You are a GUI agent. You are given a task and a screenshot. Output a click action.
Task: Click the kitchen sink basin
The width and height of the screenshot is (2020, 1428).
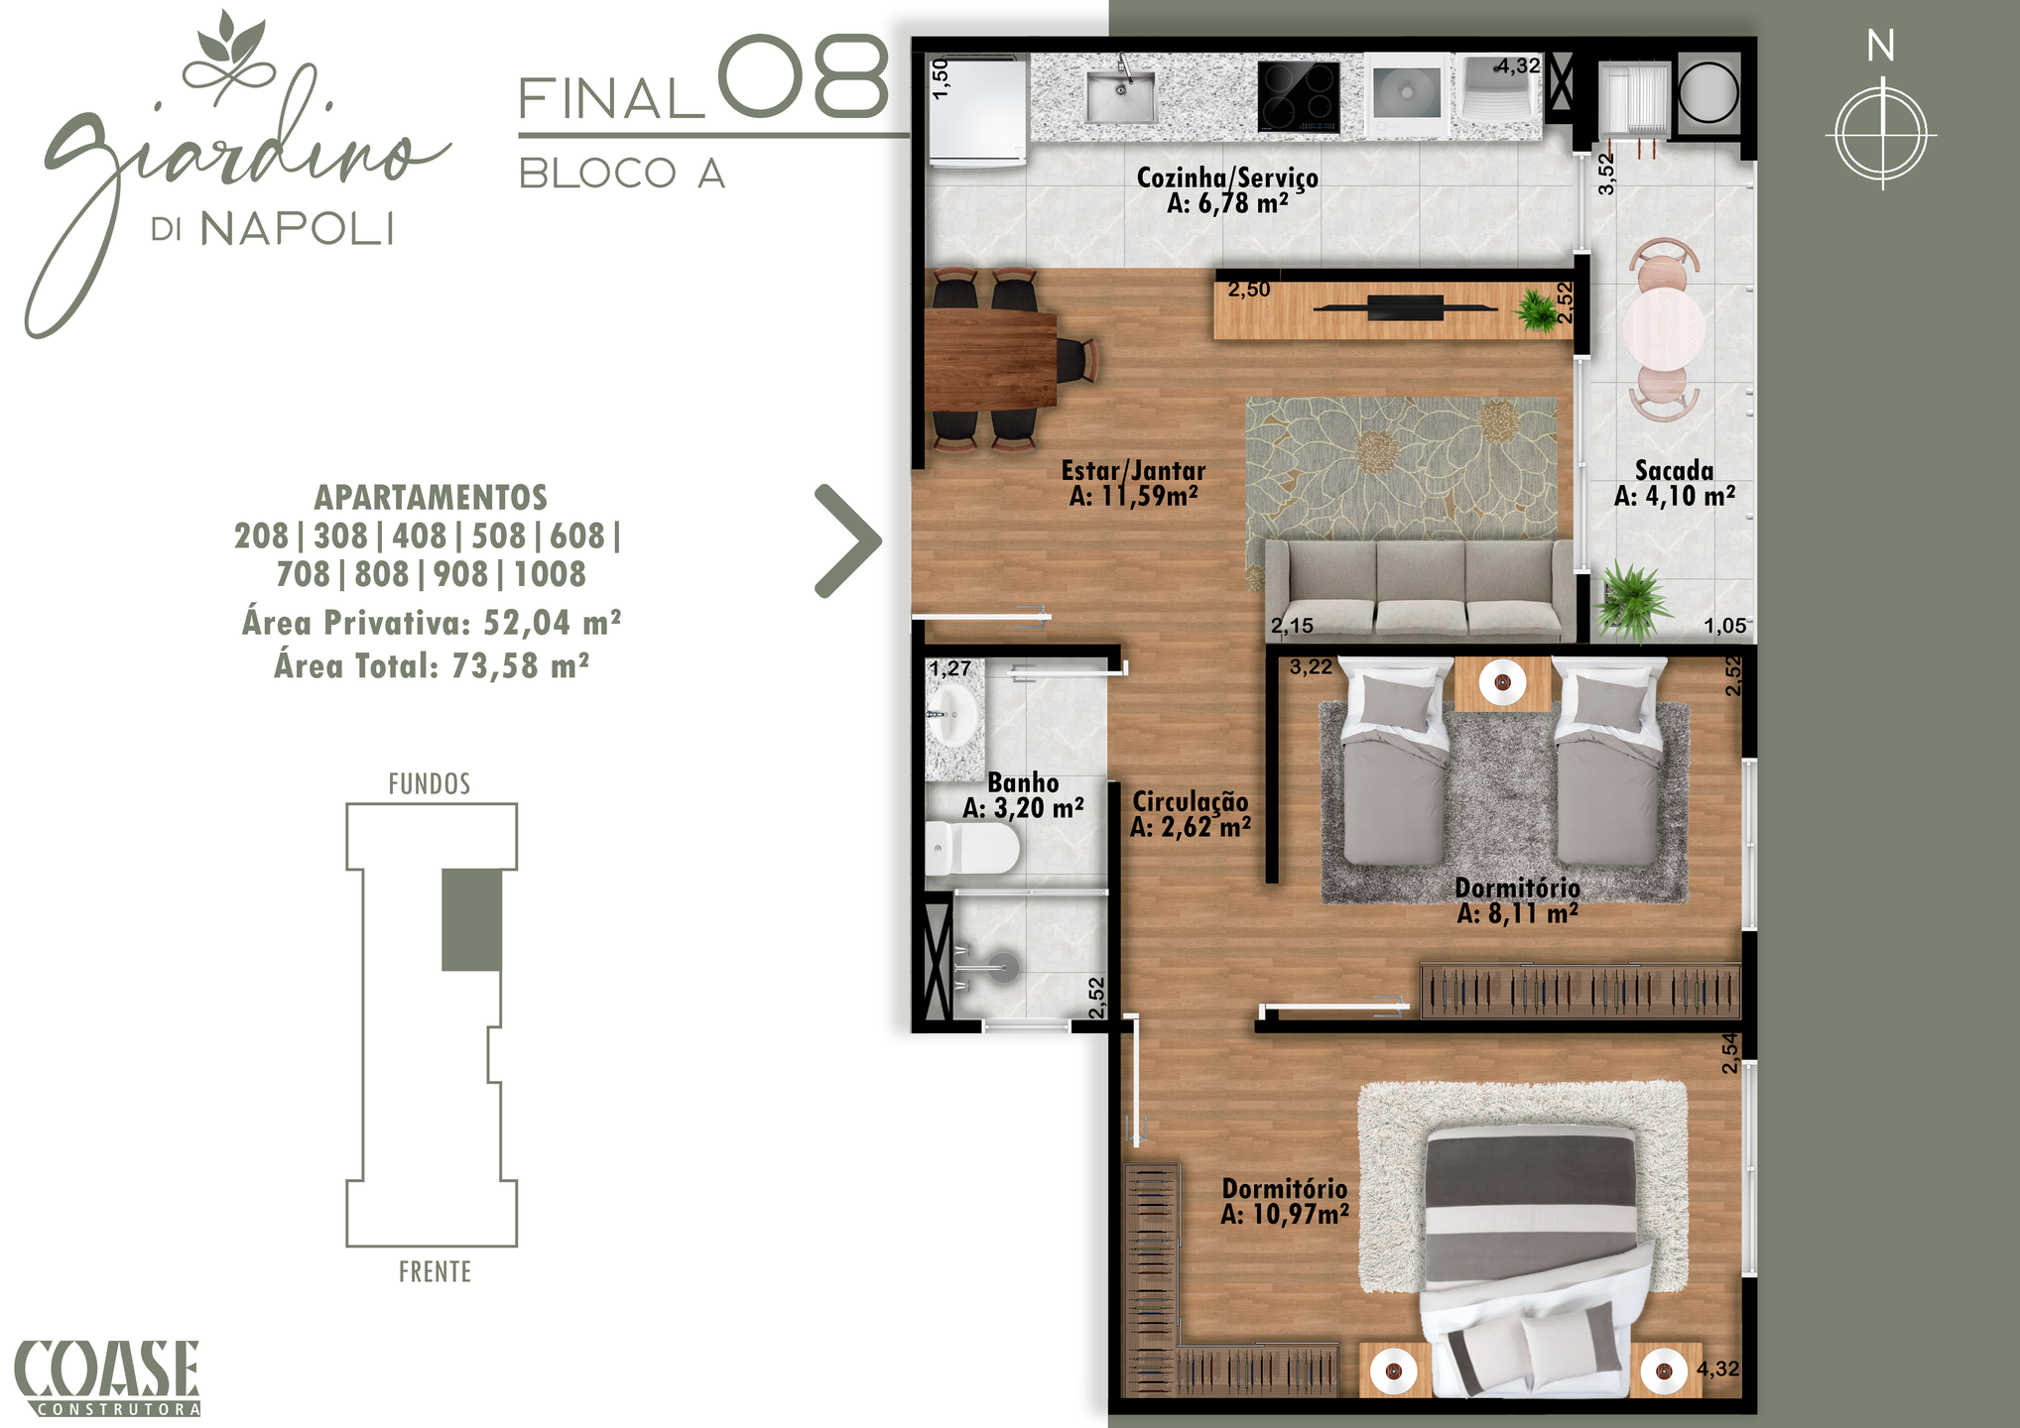click(x=1121, y=96)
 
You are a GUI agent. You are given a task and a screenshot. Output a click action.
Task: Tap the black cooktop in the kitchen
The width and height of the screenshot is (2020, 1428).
click(x=1299, y=97)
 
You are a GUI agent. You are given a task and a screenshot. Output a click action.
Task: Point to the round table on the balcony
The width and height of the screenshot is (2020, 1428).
click(x=1664, y=326)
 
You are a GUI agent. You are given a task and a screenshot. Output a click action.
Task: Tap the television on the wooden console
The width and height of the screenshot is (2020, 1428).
click(x=1405, y=308)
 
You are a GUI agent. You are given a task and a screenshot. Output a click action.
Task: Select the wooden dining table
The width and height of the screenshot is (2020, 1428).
click(x=990, y=360)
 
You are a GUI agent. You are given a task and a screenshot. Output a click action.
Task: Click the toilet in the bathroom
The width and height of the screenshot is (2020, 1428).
click(x=972, y=849)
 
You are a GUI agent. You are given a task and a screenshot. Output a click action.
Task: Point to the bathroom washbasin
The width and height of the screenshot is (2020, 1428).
click(x=952, y=715)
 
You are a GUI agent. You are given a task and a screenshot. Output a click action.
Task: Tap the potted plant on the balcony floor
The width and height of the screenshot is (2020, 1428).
click(x=1629, y=599)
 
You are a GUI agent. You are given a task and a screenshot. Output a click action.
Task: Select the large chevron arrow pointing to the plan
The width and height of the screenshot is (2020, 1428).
click(x=848, y=541)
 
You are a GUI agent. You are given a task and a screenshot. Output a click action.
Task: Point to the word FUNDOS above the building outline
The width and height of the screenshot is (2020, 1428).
click(x=430, y=784)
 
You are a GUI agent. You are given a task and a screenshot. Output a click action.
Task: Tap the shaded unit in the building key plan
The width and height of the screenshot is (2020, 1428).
click(x=471, y=920)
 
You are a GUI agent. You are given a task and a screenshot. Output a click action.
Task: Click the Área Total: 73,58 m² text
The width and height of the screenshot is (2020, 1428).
click(x=432, y=665)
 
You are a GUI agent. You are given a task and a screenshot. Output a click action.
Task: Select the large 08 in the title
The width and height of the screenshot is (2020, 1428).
click(x=803, y=76)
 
